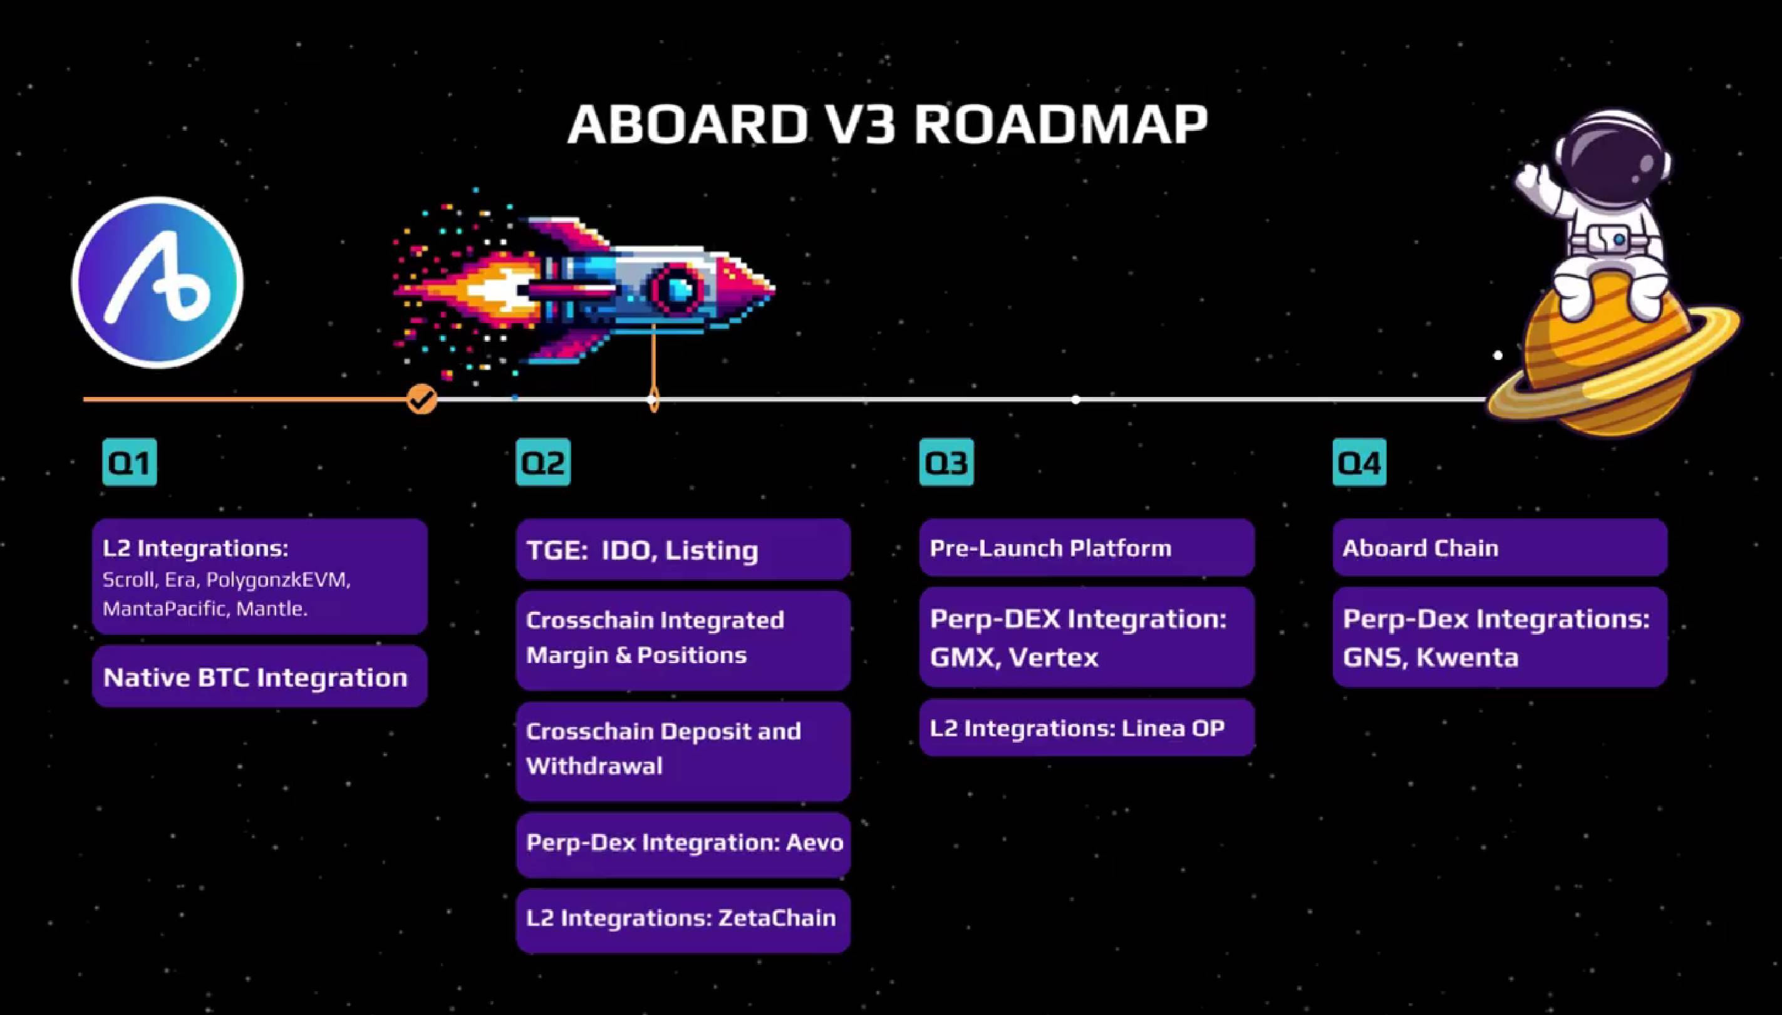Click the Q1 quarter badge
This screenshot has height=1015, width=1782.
(130, 462)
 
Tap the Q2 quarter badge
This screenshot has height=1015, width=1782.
(543, 462)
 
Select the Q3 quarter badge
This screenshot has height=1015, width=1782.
(946, 462)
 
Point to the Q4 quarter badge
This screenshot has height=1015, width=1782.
(1359, 462)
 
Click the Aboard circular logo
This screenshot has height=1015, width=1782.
(158, 282)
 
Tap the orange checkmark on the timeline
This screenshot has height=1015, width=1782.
(421, 399)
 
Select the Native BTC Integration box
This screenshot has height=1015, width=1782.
(259, 677)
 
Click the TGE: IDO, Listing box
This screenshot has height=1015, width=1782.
(683, 549)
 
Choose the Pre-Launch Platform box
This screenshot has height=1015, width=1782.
(1087, 547)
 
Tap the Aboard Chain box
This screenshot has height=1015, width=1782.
(1500, 547)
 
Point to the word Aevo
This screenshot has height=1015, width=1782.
(814, 843)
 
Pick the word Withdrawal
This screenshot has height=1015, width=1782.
(594, 766)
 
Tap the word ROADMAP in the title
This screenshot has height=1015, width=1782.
(1060, 125)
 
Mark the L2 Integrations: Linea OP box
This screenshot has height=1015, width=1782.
(1087, 728)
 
